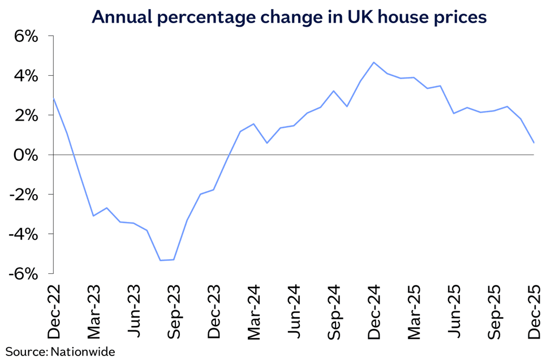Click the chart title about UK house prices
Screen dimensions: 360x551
289,17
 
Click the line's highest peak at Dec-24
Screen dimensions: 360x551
374,62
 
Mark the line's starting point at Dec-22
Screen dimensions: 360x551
53,98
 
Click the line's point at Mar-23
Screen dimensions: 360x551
93,216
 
